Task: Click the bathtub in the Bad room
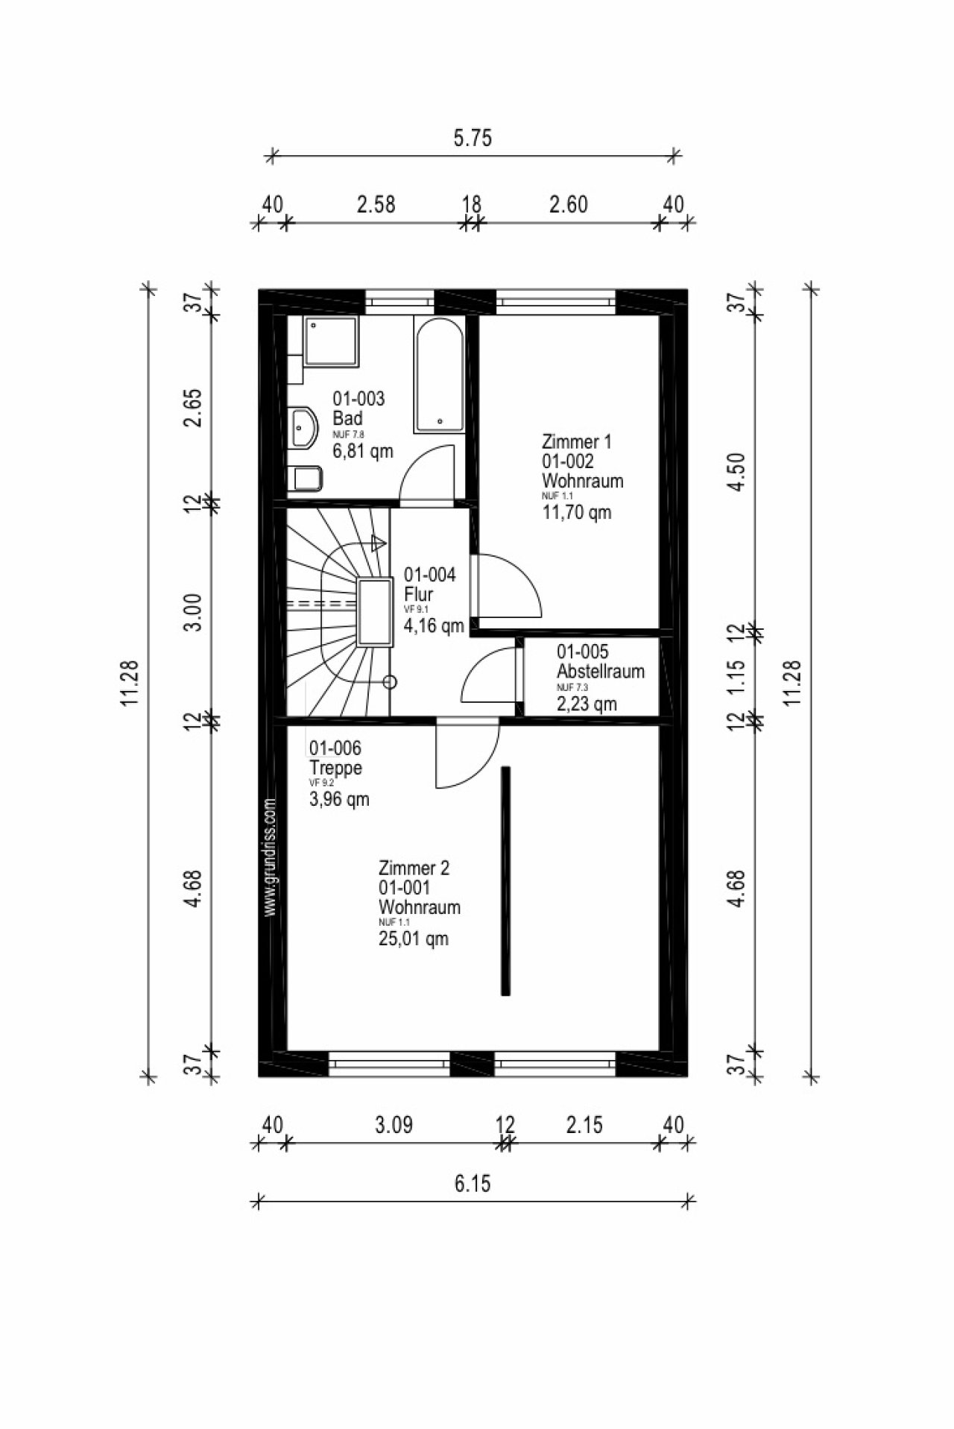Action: pos(440,376)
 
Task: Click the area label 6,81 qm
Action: pos(362,451)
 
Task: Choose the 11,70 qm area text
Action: pos(577,512)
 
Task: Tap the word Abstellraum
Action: pos(601,671)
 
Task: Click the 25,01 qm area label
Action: pos(414,939)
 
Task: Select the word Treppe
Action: pos(336,768)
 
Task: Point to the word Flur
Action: pos(418,595)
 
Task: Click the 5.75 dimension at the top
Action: pos(473,139)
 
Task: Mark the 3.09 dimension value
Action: pos(394,1124)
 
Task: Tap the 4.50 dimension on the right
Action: pos(736,473)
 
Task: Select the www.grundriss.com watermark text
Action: pos(271,857)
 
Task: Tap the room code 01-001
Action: pos(405,888)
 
